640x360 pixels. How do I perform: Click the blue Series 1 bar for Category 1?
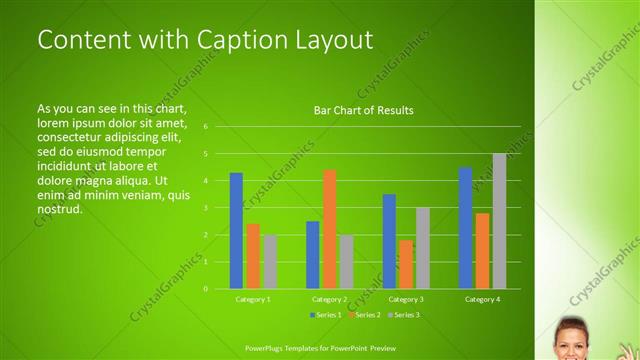tap(236, 231)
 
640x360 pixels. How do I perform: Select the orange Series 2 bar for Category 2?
tap(329, 229)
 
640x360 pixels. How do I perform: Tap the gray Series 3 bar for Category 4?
tap(499, 221)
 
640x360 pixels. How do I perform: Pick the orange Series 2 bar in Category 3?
tap(406, 264)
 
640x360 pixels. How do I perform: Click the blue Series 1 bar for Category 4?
tap(465, 228)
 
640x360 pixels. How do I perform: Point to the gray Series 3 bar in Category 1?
tap(270, 262)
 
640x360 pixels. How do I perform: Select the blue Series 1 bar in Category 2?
tap(312, 255)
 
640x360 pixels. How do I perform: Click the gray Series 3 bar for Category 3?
tap(423, 248)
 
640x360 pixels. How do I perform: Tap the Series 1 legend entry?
tap(326, 315)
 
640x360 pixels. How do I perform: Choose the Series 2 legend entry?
tap(365, 315)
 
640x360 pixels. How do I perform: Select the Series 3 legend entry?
tap(404, 315)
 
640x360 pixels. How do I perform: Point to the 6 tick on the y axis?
tap(205, 127)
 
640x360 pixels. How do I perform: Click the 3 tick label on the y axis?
tap(205, 208)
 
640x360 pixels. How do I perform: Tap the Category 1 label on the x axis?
tap(253, 299)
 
